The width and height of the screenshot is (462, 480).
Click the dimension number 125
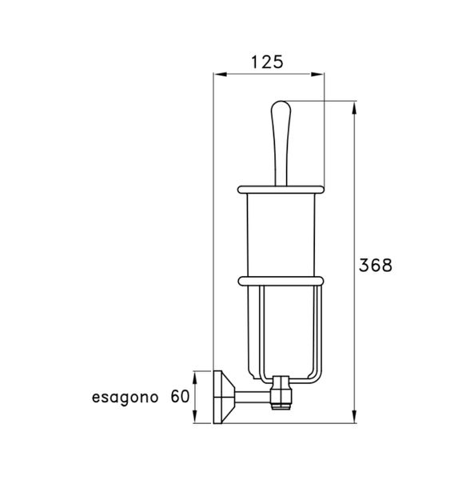point(268,62)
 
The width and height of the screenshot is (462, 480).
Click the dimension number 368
point(375,266)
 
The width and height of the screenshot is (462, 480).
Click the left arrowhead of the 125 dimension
point(217,74)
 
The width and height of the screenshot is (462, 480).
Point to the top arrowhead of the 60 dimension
point(194,373)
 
